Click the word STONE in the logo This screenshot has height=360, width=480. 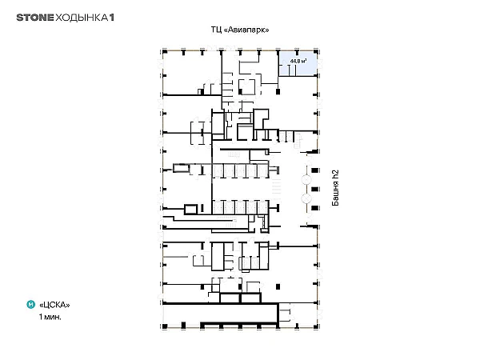click(32, 17)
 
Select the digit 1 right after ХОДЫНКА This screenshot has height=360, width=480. click(111, 17)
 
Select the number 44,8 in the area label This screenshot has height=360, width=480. click(298, 61)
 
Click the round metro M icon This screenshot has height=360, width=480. click(30, 304)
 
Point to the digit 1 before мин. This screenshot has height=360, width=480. click(41, 317)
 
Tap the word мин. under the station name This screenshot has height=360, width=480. click(54, 317)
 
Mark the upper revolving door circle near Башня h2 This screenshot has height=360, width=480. click(306, 171)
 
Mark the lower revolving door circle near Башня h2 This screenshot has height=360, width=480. click(306, 197)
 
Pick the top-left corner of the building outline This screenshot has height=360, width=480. click(164, 50)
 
